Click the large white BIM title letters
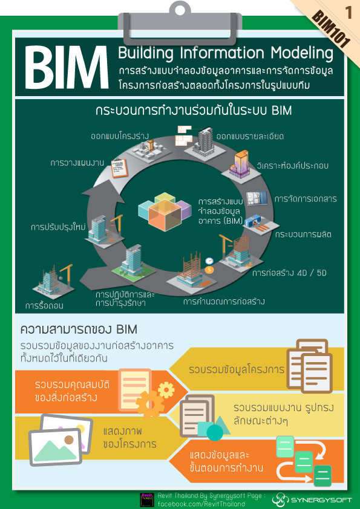tap(63, 68)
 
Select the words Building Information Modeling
tap(225, 53)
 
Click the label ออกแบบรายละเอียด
tap(249, 136)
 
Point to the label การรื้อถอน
tap(44, 306)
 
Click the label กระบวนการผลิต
tap(303, 234)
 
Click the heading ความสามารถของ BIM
tap(79, 329)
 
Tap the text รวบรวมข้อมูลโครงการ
tap(237, 369)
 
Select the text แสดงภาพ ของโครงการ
tap(129, 438)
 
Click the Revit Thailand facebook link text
tap(201, 504)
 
